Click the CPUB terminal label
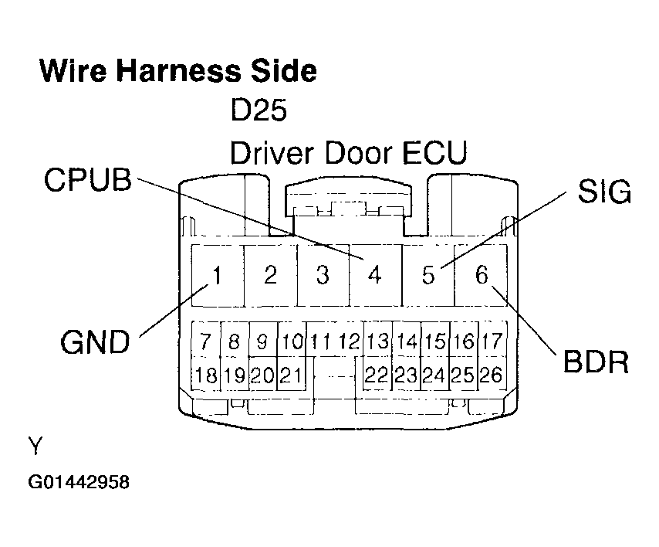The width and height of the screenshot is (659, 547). pyautogui.click(x=88, y=180)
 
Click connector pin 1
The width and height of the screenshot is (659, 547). pyautogui.click(x=218, y=274)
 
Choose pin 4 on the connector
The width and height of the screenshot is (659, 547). pyautogui.click(x=375, y=274)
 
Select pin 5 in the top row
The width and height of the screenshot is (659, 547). pyautogui.click(x=428, y=275)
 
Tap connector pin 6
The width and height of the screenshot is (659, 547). pyautogui.click(x=482, y=274)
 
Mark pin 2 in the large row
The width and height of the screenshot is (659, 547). pyautogui.click(x=270, y=274)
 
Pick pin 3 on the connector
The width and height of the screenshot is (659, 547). pyautogui.click(x=323, y=274)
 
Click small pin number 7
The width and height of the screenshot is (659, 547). pyautogui.click(x=205, y=341)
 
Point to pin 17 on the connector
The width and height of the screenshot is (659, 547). pyautogui.click(x=492, y=341)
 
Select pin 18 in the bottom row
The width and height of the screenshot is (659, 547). pyautogui.click(x=206, y=375)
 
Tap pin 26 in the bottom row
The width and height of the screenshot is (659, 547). pyautogui.click(x=491, y=375)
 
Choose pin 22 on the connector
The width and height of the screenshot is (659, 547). pyautogui.click(x=376, y=375)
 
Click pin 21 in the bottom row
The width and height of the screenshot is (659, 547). pyautogui.click(x=290, y=375)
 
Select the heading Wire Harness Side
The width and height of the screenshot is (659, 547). pyautogui.click(x=178, y=70)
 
